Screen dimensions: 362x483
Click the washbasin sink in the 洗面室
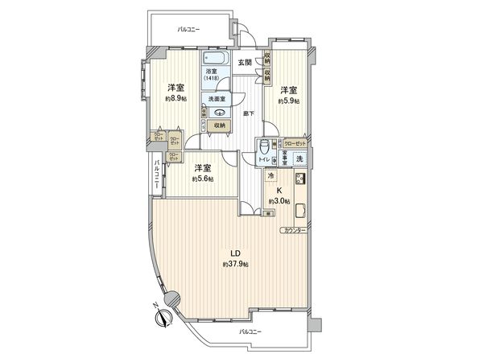(217, 113)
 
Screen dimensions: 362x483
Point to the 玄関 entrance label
(246, 63)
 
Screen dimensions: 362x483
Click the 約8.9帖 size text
(177, 99)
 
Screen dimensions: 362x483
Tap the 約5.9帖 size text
(290, 101)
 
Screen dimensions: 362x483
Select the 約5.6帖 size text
(202, 179)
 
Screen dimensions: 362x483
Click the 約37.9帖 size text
(236, 264)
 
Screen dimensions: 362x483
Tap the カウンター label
(292, 231)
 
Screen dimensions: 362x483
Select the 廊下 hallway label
(250, 113)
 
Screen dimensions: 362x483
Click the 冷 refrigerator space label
(270, 176)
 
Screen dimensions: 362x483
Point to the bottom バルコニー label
(252, 331)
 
